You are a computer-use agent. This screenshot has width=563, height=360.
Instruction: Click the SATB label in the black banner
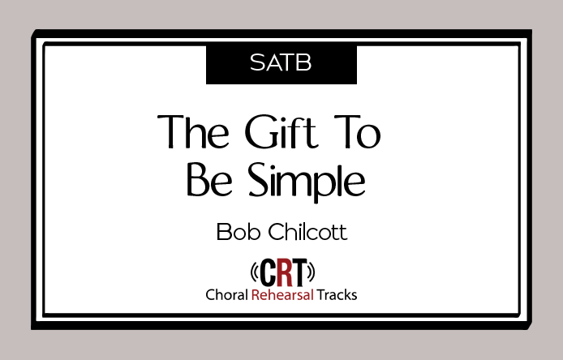[x=281, y=62]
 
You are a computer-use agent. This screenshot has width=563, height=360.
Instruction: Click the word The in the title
[x=193, y=131]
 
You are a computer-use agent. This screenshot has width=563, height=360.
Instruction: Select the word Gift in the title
[x=281, y=131]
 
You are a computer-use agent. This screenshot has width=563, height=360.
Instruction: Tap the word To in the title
[x=357, y=131]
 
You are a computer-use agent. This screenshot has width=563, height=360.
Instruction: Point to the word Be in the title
[x=209, y=180]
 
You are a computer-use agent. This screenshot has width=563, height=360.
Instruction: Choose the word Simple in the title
[x=307, y=182]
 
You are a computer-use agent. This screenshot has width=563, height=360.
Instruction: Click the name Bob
[x=238, y=232]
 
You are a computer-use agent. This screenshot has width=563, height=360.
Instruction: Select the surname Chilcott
[x=308, y=232]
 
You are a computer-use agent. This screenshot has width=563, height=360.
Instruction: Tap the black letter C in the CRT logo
[x=267, y=272]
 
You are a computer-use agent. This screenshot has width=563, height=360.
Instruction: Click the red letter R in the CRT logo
[x=284, y=272]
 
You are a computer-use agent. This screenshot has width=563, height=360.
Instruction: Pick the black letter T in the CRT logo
[x=299, y=272]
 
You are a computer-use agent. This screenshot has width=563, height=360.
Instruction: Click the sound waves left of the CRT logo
[x=254, y=272]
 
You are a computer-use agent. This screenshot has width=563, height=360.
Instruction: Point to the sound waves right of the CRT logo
[x=311, y=272]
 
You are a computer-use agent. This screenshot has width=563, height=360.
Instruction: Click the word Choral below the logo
[x=227, y=295]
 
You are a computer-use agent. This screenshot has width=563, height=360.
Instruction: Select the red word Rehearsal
[x=282, y=295]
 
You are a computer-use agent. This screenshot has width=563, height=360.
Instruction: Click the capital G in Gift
[x=259, y=131]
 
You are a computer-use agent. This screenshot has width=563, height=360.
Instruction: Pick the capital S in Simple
[x=260, y=180]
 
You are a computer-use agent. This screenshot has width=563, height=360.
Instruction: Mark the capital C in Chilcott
[x=277, y=232]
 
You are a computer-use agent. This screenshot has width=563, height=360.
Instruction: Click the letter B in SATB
[x=304, y=62]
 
